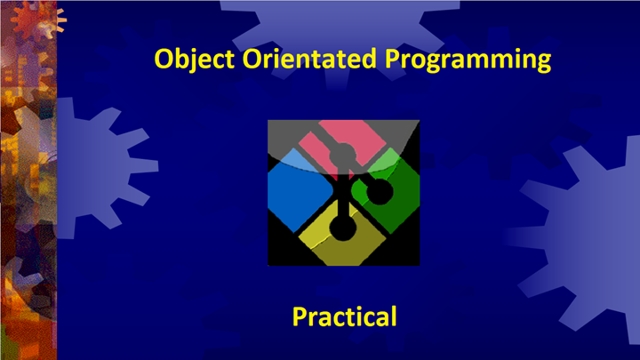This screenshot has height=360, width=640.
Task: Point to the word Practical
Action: pos(344,316)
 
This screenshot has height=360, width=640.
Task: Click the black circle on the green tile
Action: pos(379,192)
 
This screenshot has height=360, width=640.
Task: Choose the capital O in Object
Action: pos(164,60)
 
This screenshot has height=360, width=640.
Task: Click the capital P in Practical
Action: pos(300,316)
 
